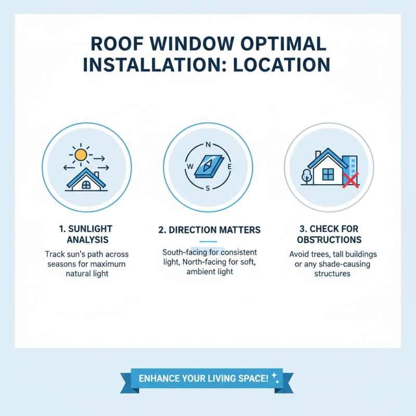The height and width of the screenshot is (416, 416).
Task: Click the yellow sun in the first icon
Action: pos(80,154)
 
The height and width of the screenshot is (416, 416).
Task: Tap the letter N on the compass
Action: pos(208,145)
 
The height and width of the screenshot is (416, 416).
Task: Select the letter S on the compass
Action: pos(208,188)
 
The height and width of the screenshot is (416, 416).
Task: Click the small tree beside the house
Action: pos(306,175)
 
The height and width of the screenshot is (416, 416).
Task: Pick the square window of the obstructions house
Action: pos(328,174)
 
